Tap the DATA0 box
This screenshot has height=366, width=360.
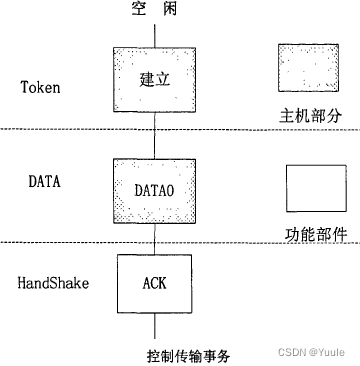tap(156, 187)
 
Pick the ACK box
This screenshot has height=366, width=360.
tap(156, 283)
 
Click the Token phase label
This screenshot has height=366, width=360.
tap(40, 87)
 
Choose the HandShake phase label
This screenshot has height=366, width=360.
tap(53, 283)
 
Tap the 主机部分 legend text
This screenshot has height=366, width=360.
tap(311, 116)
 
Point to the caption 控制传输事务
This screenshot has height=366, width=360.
tap(188, 354)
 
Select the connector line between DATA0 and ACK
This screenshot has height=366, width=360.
tap(156, 237)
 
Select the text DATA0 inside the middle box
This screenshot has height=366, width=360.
tap(156, 187)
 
